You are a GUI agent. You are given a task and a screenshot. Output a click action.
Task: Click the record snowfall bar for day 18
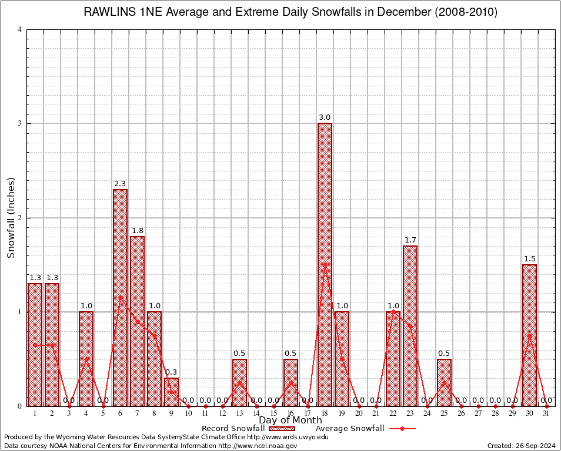point(325,264)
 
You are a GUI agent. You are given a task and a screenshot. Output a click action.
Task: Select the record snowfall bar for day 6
point(120,297)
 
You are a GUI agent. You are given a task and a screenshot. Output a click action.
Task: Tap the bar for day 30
point(529,335)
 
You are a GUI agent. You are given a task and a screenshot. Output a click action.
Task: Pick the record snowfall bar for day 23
point(410,325)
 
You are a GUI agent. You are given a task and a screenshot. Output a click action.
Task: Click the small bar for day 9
point(171,392)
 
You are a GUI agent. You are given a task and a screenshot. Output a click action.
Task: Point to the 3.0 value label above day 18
point(325,117)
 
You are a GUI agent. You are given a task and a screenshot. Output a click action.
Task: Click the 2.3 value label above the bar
point(120,184)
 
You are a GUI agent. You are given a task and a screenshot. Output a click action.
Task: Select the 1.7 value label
point(410,240)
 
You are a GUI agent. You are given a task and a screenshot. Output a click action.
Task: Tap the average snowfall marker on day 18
point(325,265)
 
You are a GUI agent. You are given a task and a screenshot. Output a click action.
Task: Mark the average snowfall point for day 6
point(120,297)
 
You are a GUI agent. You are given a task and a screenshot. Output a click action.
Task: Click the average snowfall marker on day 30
point(529,335)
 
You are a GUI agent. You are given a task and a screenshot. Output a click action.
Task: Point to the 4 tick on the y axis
point(20,29)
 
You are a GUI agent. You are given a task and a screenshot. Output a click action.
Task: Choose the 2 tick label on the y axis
point(20,218)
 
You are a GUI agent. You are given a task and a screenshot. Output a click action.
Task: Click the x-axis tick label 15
point(273,413)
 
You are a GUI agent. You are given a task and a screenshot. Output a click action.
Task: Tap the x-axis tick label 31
point(546,413)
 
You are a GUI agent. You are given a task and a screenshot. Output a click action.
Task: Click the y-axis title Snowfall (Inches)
point(11,217)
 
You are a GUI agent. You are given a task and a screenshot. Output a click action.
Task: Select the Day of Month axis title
point(290,420)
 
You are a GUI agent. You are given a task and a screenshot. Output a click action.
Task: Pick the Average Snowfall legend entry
point(365,429)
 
